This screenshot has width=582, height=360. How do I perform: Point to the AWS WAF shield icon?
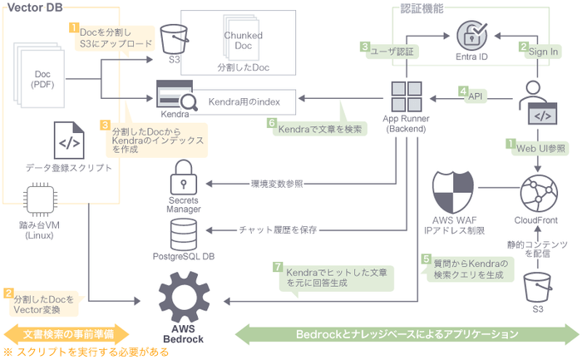(x=453, y=190)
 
